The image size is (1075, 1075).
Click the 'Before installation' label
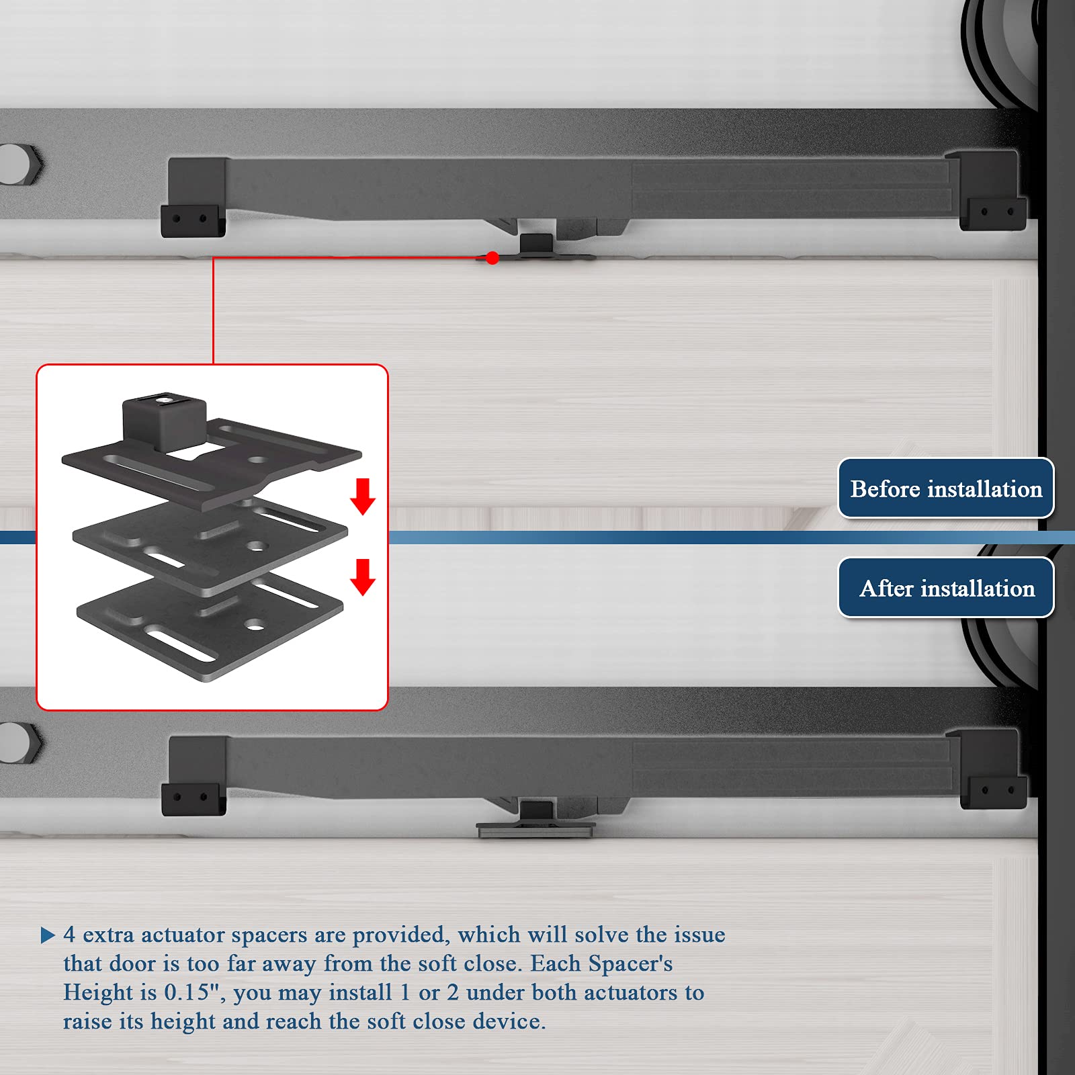946,488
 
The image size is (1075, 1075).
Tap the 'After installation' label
946,588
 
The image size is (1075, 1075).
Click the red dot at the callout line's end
492,258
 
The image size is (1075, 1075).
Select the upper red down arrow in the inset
363,497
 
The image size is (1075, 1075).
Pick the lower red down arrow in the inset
363,577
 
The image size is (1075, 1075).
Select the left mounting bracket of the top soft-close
195,198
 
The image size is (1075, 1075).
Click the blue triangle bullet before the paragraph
48,935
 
